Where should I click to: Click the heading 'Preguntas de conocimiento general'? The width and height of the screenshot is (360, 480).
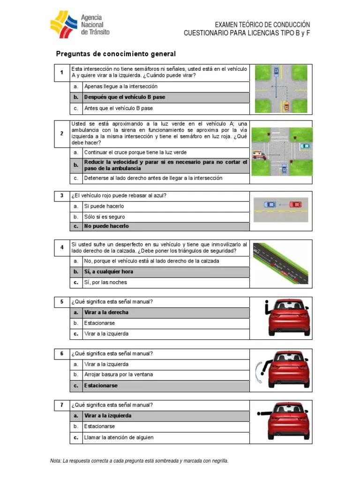tap(116, 54)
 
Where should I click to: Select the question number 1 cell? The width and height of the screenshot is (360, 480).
tap(61, 73)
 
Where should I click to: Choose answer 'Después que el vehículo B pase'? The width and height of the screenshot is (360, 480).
tap(124, 97)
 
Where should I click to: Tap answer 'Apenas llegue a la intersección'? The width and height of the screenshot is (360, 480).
tap(120, 86)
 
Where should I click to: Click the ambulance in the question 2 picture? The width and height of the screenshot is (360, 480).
tap(258, 154)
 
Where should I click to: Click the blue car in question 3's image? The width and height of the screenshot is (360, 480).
tap(270, 204)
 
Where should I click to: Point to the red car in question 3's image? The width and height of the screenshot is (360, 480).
tap(295, 204)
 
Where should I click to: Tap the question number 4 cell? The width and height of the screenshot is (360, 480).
tap(61, 247)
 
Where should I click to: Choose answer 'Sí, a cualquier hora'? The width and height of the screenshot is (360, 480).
tap(108, 271)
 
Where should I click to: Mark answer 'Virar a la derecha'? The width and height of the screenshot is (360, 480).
tap(106, 312)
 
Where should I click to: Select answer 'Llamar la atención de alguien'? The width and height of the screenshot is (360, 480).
tap(119, 437)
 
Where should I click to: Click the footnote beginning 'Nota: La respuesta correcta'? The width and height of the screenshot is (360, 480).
tap(139, 461)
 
